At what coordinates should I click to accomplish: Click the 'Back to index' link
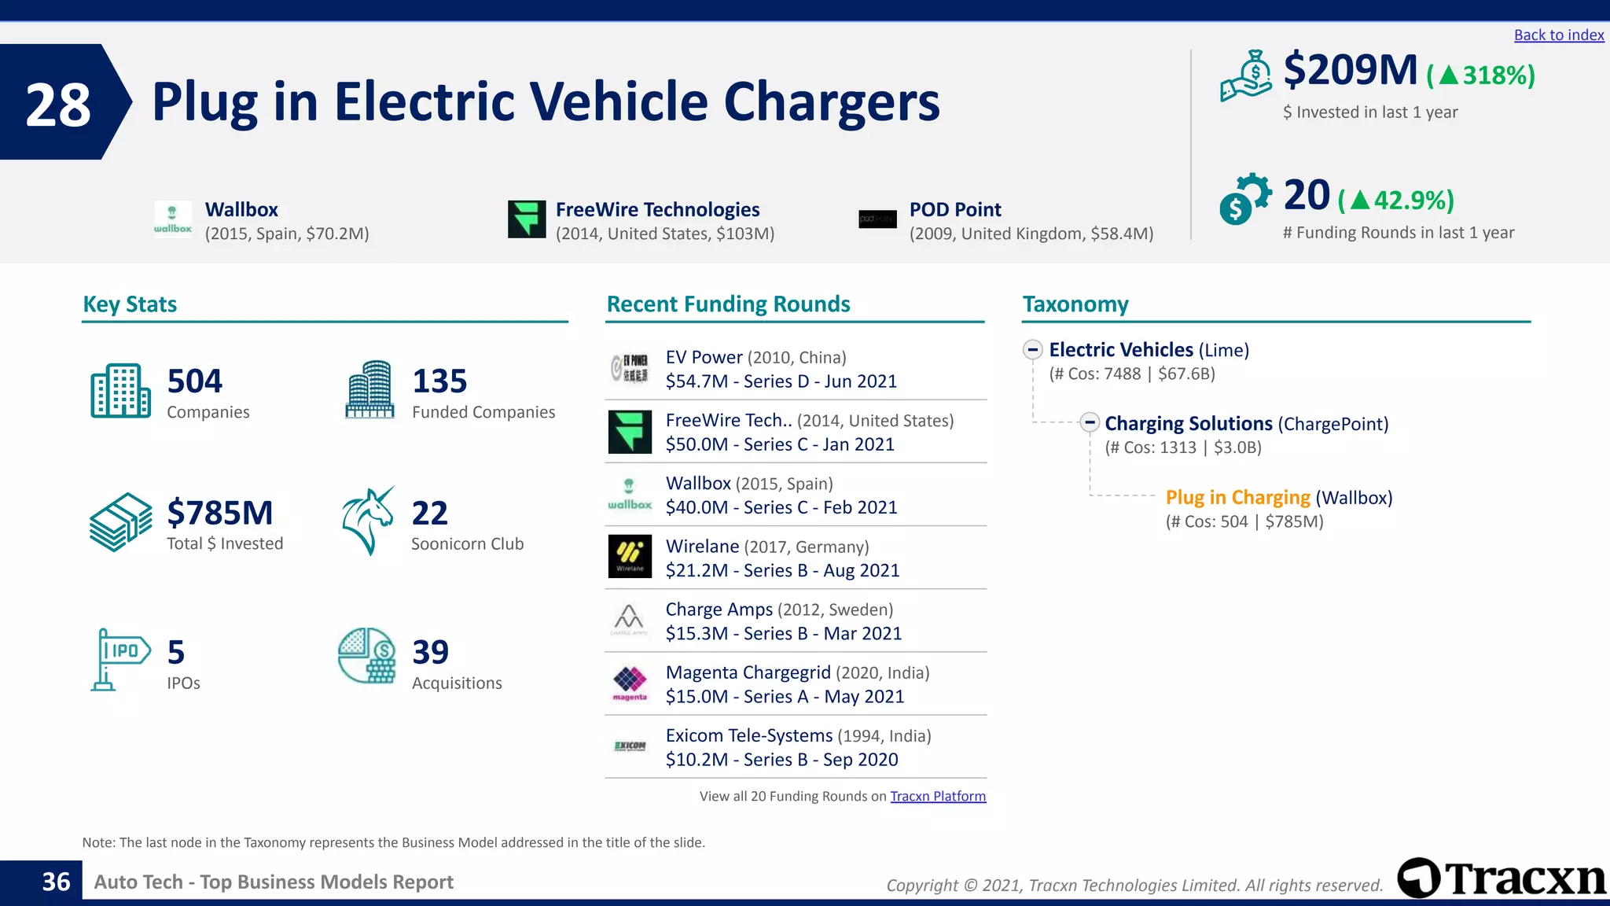click(x=1558, y=35)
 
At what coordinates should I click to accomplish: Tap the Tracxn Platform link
click(x=937, y=796)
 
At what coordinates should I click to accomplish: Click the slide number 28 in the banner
click(x=58, y=105)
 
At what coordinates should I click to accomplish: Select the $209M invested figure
click(x=1350, y=71)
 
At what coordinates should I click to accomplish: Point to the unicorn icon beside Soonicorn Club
click(x=368, y=521)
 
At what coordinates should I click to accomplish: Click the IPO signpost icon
click(x=120, y=659)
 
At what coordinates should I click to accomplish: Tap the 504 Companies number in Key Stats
click(x=195, y=381)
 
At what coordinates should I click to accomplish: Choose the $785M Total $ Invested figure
click(x=220, y=513)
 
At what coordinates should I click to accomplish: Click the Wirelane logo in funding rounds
click(x=630, y=557)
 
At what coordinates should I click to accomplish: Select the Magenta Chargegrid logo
click(x=630, y=683)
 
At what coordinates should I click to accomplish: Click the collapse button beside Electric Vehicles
click(x=1033, y=350)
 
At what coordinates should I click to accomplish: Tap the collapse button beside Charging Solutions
click(x=1089, y=423)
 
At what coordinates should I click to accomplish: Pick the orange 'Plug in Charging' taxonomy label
click(x=1237, y=498)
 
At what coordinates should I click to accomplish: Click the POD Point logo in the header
click(x=877, y=219)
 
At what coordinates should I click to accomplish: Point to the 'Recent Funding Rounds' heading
click(x=728, y=304)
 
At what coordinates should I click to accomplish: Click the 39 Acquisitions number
click(x=431, y=652)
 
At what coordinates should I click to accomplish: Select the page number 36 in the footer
click(x=56, y=882)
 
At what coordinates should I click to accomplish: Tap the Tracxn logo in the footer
click(x=1502, y=878)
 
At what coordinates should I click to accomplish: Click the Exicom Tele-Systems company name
click(x=748, y=736)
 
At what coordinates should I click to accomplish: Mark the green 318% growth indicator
click(x=1481, y=75)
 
